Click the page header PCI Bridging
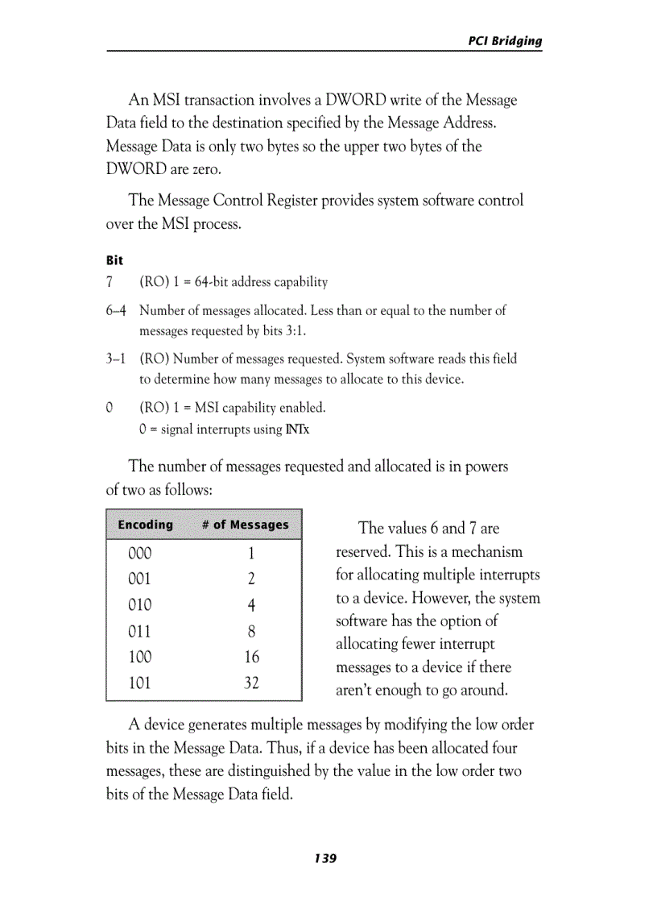[505, 41]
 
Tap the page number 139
[325, 858]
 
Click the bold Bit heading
[114, 260]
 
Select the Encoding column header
[145, 525]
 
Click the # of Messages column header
[245, 525]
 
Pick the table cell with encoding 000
[139, 554]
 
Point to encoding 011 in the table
[139, 631]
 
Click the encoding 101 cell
[139, 683]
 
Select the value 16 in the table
[251, 657]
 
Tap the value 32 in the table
[251, 683]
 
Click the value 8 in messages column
[251, 631]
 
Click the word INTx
[297, 430]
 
